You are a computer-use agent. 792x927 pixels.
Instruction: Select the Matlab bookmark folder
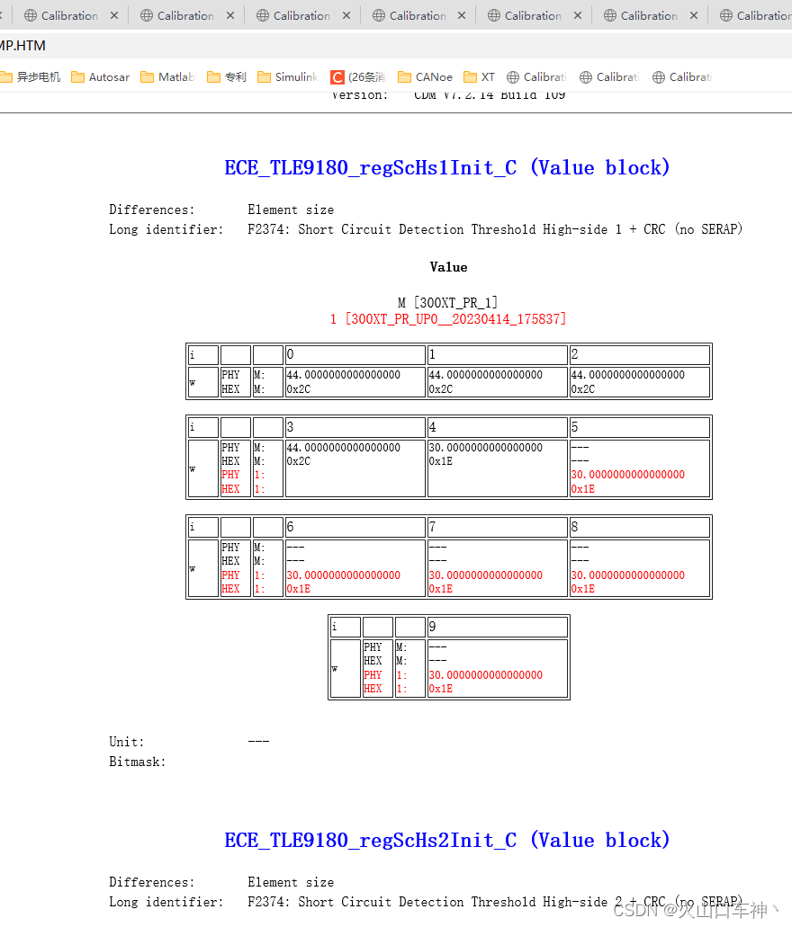tap(167, 77)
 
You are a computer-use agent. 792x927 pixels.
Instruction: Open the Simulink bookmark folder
tap(288, 77)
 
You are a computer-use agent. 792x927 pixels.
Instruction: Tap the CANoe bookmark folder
tap(425, 77)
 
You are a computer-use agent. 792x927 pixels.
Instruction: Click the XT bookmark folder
tap(480, 77)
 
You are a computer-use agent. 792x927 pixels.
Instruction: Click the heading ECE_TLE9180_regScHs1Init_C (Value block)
tap(447, 168)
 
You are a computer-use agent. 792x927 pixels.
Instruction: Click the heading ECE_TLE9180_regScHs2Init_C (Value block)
tap(447, 841)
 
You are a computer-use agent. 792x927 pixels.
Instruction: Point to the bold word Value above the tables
tap(448, 267)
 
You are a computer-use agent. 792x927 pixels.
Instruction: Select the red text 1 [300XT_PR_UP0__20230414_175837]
tap(448, 319)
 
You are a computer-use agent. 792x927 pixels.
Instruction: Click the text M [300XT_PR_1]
tap(448, 303)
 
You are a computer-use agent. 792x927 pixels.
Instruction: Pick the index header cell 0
tap(355, 355)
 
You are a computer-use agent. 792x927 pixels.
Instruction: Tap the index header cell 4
tap(497, 427)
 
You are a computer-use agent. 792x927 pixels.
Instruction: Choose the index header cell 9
tap(497, 627)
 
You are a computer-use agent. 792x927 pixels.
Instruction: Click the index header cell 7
tap(497, 527)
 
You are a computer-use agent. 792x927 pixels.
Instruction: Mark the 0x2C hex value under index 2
tap(583, 389)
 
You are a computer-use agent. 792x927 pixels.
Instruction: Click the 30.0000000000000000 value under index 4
tap(485, 448)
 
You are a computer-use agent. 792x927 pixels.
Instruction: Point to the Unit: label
tap(126, 742)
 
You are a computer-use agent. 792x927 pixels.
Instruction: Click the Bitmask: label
tap(137, 762)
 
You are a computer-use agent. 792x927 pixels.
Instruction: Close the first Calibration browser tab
tap(114, 15)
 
